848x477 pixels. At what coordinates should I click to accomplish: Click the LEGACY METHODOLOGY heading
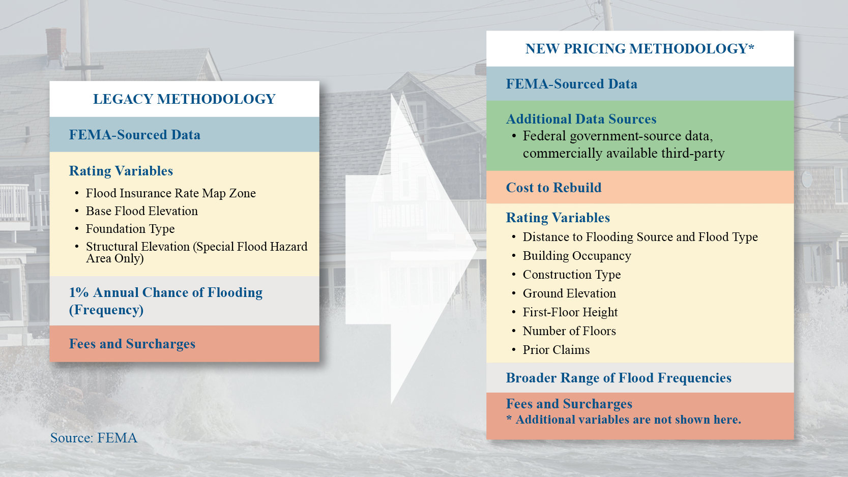(x=184, y=99)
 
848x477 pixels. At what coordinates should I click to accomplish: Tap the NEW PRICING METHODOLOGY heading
(x=639, y=49)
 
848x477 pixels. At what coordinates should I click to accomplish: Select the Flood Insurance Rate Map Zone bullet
(x=170, y=193)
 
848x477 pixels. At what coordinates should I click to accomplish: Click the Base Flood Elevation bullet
(x=141, y=211)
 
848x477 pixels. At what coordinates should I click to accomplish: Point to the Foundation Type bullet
(x=130, y=229)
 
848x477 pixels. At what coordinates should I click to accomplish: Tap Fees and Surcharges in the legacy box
(x=132, y=344)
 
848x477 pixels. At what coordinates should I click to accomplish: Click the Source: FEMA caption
(x=94, y=438)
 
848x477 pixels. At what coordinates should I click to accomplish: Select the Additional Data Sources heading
(x=581, y=119)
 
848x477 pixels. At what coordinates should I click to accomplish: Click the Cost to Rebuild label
(x=553, y=188)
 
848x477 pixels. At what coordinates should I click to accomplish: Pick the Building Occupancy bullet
(x=577, y=256)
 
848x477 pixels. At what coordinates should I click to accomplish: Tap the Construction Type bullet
(x=572, y=275)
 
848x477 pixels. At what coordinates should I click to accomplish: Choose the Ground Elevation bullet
(x=569, y=293)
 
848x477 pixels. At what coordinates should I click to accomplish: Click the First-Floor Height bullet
(x=570, y=312)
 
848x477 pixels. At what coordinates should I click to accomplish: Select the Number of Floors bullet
(x=569, y=331)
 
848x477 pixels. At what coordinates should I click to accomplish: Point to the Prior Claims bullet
(x=556, y=350)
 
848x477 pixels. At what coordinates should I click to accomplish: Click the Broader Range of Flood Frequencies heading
(x=619, y=378)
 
